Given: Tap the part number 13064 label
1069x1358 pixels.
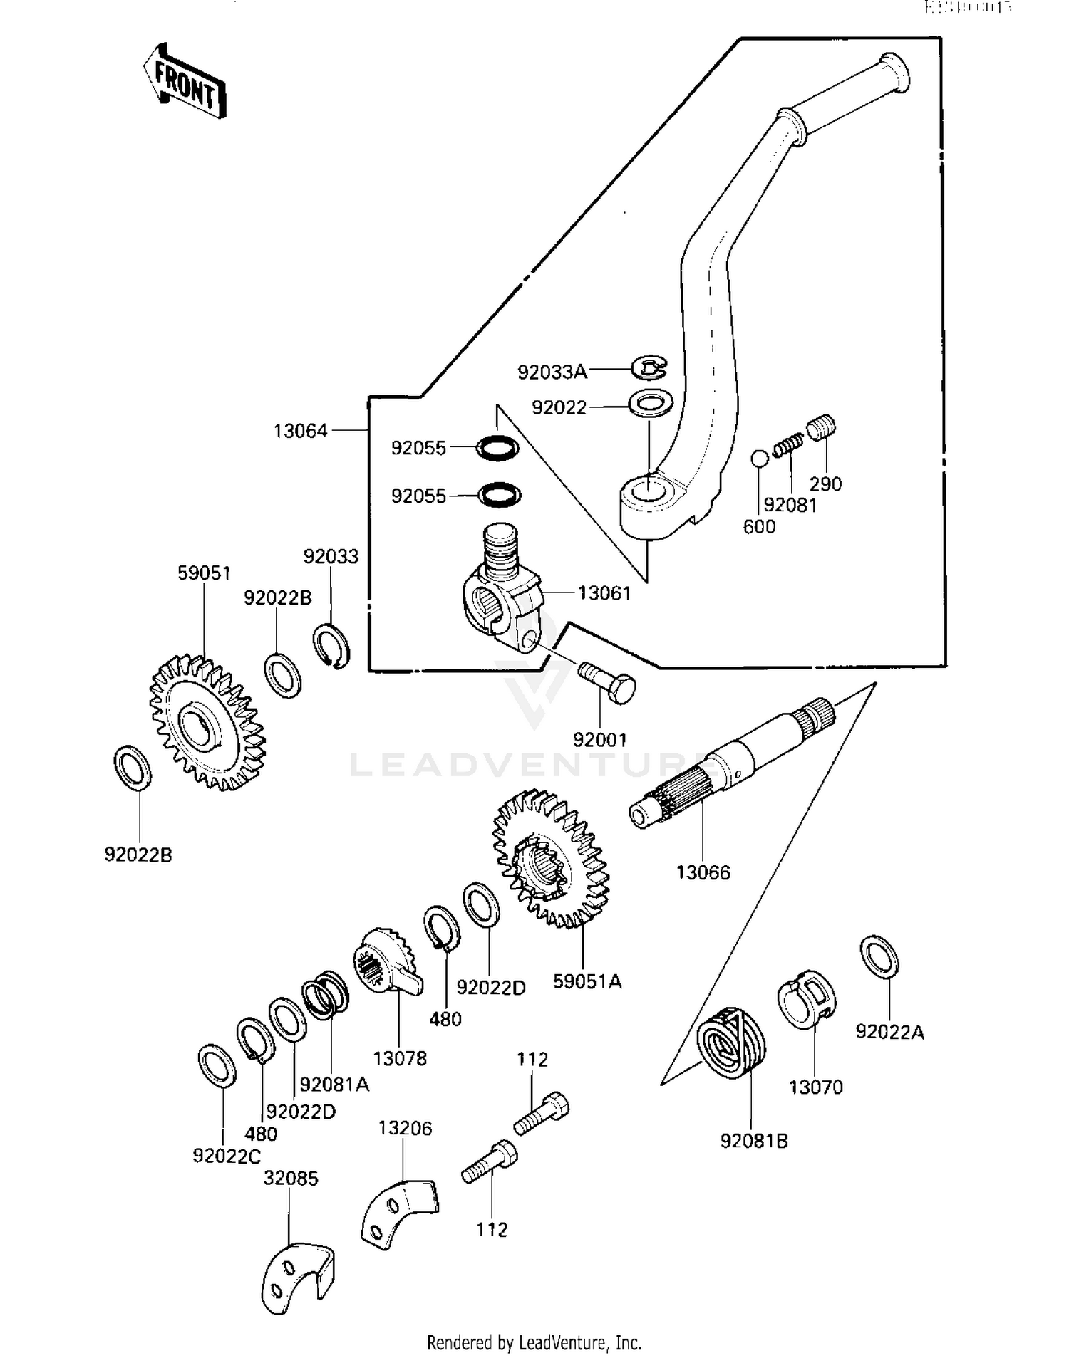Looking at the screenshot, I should click(x=300, y=431).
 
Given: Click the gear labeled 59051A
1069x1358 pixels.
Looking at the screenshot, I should click(x=551, y=859).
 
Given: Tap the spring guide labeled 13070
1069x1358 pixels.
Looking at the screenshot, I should click(x=806, y=998).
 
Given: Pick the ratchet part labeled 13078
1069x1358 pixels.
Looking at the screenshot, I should click(x=386, y=961).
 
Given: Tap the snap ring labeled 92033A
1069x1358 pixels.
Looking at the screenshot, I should click(x=649, y=368).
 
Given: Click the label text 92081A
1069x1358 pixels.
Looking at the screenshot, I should click(x=334, y=1084).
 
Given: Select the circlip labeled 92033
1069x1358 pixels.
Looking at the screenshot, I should click(x=331, y=646).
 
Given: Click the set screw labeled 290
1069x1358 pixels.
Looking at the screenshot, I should click(x=821, y=427).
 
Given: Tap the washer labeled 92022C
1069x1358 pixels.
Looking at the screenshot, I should click(x=217, y=1066).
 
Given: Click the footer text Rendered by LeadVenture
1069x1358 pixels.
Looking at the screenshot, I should click(x=534, y=1342).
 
